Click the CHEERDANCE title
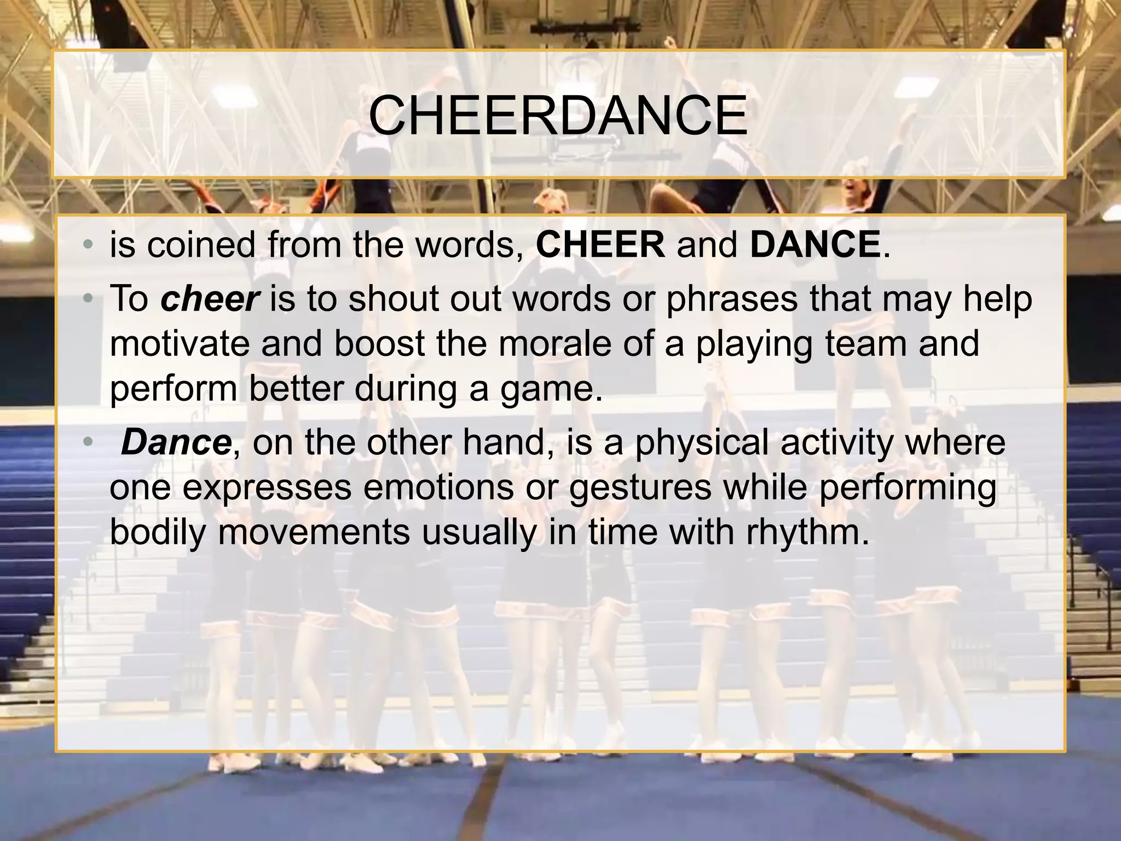558,116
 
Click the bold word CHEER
600,244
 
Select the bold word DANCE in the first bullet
814,244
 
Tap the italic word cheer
210,299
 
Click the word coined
201,244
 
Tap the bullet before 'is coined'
88,245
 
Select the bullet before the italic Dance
88,443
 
